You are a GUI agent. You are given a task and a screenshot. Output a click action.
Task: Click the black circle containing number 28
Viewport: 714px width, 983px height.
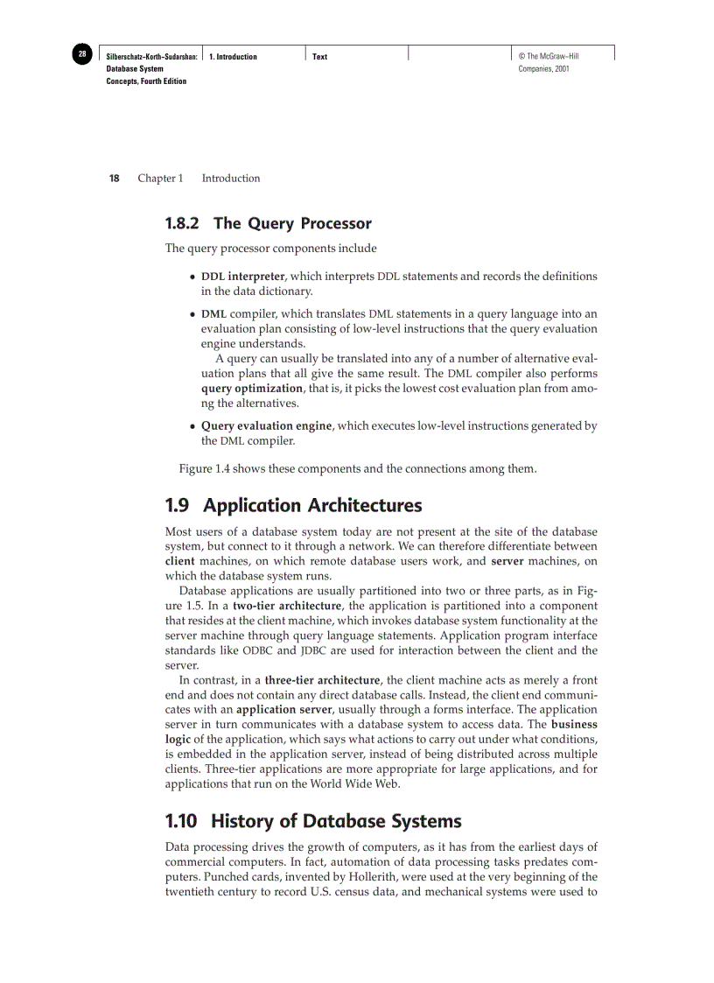pyautogui.click(x=81, y=54)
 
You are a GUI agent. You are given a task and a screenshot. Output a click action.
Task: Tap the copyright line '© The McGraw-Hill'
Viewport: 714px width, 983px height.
pyautogui.click(x=549, y=57)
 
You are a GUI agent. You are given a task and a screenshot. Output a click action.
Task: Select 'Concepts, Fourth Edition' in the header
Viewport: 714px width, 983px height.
pyautogui.click(x=146, y=81)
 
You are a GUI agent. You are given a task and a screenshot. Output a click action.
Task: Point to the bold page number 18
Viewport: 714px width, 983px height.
pyautogui.click(x=114, y=179)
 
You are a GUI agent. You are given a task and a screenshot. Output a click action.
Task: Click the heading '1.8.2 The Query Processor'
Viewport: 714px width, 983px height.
pyautogui.click(x=268, y=223)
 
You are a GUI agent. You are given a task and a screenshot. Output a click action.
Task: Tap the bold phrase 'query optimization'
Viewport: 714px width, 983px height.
pyautogui.click(x=251, y=388)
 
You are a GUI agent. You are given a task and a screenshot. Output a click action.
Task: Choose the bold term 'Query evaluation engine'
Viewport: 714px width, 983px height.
pyautogui.click(x=266, y=426)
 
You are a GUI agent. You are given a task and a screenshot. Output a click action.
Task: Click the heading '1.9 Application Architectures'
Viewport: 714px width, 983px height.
pyautogui.click(x=293, y=506)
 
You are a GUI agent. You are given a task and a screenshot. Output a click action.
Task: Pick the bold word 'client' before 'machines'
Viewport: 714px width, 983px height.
pyautogui.click(x=180, y=561)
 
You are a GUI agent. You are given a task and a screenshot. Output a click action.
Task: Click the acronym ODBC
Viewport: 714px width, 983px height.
pyautogui.click(x=257, y=650)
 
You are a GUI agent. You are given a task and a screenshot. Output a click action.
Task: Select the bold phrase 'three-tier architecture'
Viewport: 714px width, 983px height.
pyautogui.click(x=322, y=680)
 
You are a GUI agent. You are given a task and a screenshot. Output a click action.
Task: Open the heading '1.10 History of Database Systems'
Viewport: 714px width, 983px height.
pyautogui.click(x=312, y=822)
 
